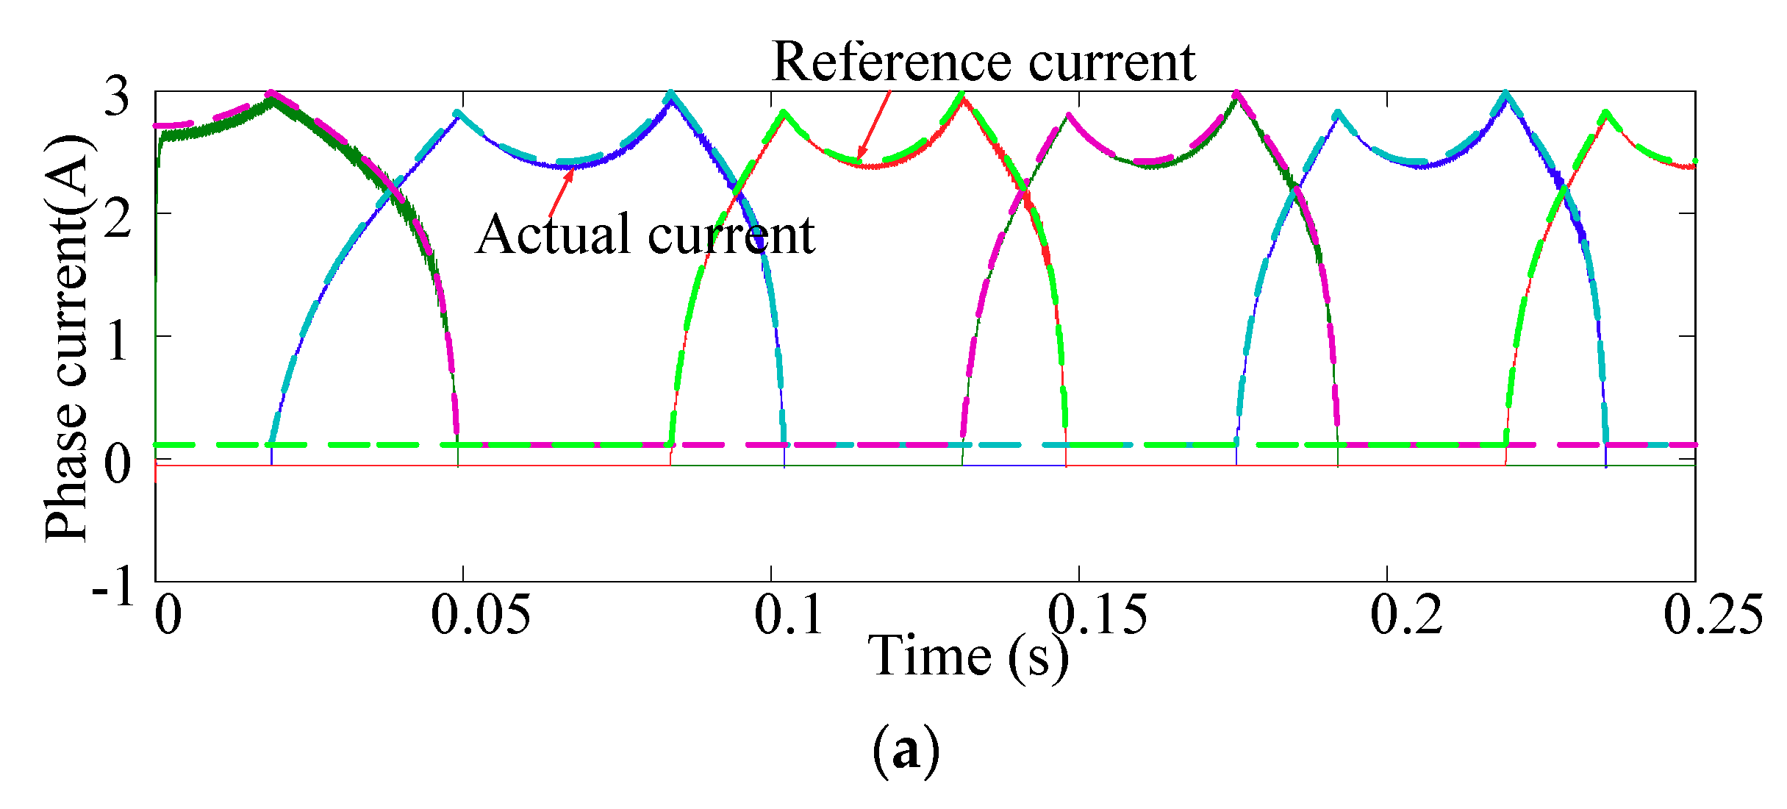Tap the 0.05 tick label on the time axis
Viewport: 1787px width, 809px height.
pos(481,614)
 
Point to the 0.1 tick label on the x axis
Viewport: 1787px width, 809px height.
pos(789,614)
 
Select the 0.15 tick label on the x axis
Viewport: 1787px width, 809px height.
pos(1097,614)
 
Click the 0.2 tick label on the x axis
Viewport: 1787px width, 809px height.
pos(1406,614)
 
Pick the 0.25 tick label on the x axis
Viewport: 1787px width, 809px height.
pos(1713,614)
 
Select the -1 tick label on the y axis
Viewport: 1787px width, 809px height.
pos(113,585)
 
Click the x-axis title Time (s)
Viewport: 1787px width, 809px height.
pos(968,656)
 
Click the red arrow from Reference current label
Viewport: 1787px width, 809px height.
pos(874,124)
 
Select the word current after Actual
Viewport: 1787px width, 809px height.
pos(731,235)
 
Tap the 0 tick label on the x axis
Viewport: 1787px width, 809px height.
pos(168,614)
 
